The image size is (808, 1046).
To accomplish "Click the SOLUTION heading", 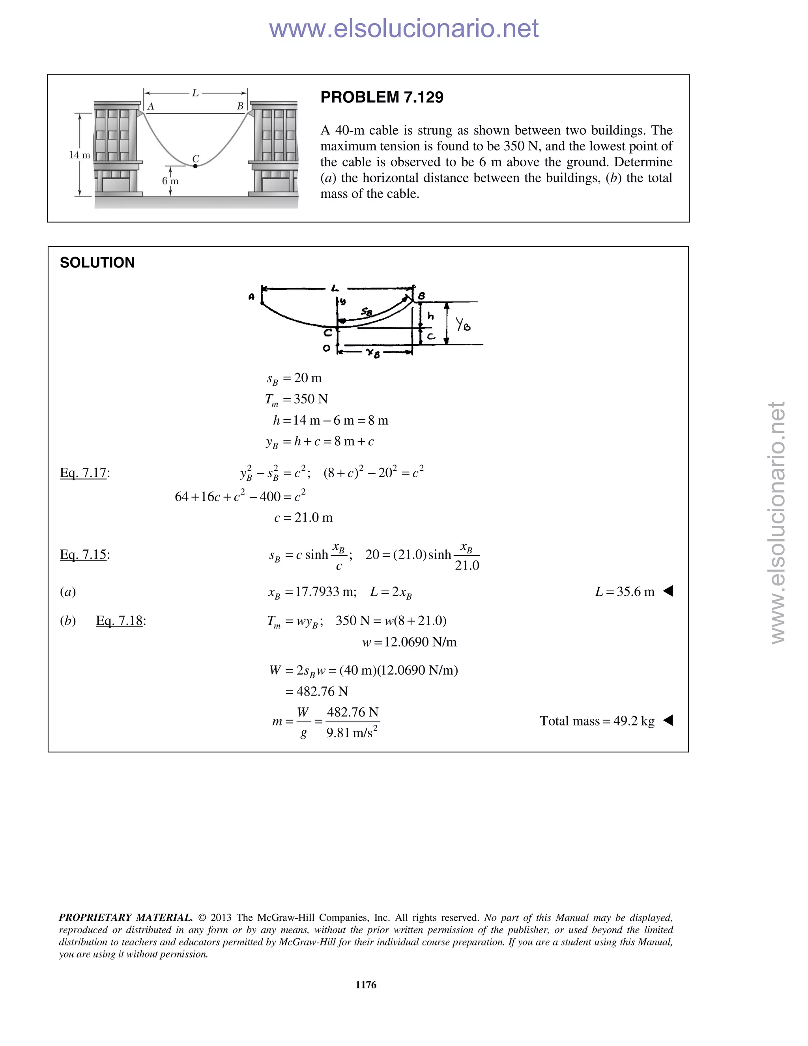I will tap(97, 262).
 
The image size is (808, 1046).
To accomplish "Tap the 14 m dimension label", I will tap(79, 155).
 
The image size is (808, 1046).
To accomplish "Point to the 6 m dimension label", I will tap(170, 181).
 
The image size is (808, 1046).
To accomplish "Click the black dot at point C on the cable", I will tap(195, 166).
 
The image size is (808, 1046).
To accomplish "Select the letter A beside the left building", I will tap(150, 106).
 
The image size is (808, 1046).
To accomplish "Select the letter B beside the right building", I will tap(240, 106).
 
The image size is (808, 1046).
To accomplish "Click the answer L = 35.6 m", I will tap(625, 592).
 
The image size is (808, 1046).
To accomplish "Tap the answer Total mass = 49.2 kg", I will tap(597, 721).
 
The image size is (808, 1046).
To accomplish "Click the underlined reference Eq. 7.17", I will tap(83, 473).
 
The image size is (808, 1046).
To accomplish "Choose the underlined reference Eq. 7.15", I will tap(83, 555).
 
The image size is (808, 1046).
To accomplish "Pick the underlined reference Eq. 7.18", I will tap(119, 621).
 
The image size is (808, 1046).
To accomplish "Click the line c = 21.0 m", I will tap(303, 518).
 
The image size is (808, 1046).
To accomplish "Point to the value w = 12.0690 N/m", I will tap(409, 642).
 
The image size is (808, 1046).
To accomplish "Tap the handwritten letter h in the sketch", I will tap(431, 316).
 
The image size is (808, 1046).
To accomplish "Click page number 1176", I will tap(366, 985).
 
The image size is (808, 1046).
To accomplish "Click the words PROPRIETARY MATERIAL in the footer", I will tap(125, 918).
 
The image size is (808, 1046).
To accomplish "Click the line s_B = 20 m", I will tap(294, 379).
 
